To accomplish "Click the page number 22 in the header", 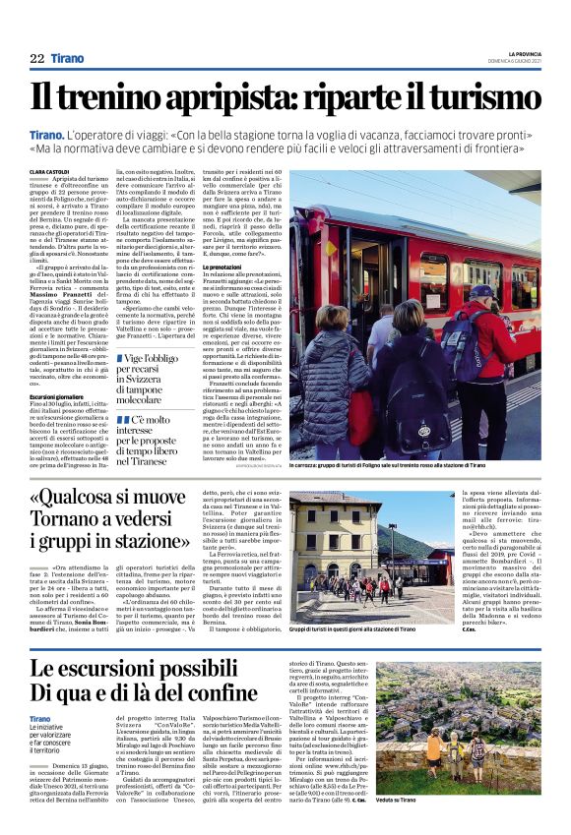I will tap(36, 59).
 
